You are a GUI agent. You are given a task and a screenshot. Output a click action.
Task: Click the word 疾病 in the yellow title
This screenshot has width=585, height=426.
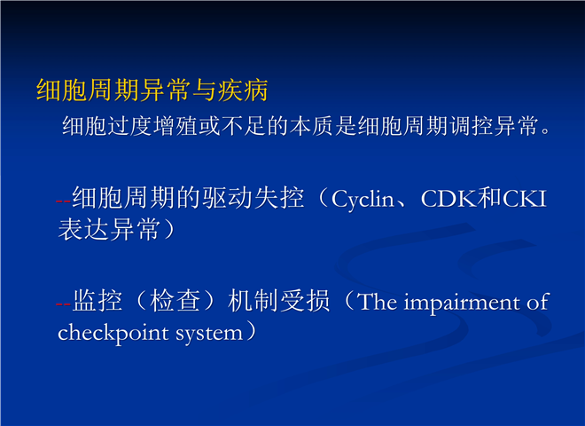pyautogui.click(x=243, y=91)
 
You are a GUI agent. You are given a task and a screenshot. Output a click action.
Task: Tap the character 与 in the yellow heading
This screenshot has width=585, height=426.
pyautogui.click(x=205, y=91)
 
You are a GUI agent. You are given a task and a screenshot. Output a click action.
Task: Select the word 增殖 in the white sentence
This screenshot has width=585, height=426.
pyautogui.click(x=175, y=126)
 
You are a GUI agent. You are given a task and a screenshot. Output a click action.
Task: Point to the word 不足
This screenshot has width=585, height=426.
pyautogui.click(x=243, y=126)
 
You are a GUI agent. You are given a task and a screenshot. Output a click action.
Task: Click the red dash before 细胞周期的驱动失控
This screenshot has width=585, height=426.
pyautogui.click(x=63, y=201)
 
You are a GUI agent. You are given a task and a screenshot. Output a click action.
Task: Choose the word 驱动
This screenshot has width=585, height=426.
pyautogui.click(x=227, y=198)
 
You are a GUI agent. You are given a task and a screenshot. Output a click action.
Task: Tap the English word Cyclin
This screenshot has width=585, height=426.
pyautogui.click(x=363, y=200)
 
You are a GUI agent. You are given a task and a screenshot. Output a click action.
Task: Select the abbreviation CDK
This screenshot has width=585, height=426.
pyautogui.click(x=448, y=199)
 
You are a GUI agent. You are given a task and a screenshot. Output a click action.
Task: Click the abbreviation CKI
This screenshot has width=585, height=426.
pyautogui.click(x=525, y=199)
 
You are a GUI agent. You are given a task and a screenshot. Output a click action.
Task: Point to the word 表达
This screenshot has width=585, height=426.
pyautogui.click(x=83, y=229)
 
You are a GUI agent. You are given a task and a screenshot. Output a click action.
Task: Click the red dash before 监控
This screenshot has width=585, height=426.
pyautogui.click(x=63, y=304)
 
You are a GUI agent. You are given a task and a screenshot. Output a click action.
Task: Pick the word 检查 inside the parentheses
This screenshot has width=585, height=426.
pyautogui.click(x=175, y=301)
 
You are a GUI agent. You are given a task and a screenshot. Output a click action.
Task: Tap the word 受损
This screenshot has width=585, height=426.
pyautogui.click(x=305, y=301)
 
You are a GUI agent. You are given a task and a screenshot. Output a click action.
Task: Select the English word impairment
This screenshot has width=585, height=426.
pyautogui.click(x=463, y=303)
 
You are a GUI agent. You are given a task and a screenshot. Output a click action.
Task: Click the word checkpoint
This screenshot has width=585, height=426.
pyautogui.click(x=113, y=333)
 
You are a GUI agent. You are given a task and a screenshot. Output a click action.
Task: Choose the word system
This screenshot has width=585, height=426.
pyautogui.click(x=209, y=334)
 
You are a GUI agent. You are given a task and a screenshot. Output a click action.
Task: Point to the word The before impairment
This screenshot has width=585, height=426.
pyautogui.click(x=377, y=302)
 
